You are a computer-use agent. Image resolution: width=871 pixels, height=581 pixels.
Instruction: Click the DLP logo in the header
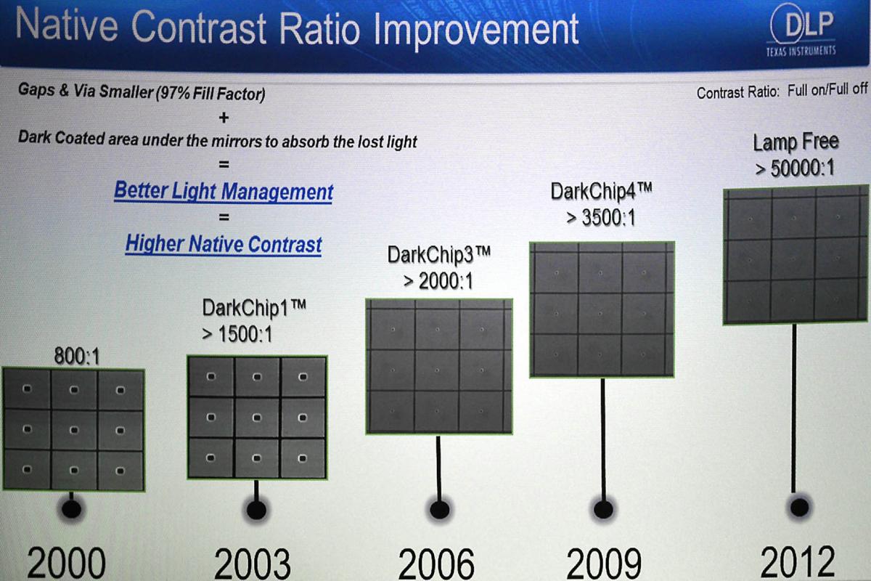pos(801,30)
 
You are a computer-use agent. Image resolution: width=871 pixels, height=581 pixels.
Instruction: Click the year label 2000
pos(66,562)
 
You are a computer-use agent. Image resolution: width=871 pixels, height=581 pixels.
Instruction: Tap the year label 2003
pos(252,564)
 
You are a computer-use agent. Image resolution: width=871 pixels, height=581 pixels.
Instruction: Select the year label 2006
pos(436,564)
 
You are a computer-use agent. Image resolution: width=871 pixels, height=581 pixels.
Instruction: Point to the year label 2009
pos(604,563)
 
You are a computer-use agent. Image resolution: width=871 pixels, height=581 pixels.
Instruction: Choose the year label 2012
pos(798,561)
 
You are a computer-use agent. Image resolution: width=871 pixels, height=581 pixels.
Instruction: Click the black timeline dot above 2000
pos(71,508)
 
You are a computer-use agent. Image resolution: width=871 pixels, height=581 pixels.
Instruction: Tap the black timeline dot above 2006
pos(440,509)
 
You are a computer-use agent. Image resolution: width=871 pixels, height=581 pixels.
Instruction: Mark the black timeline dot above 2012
pos(799,507)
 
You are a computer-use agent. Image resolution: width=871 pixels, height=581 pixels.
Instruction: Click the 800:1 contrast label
pos(77,356)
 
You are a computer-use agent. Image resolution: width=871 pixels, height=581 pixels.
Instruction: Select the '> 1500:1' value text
pos(237,334)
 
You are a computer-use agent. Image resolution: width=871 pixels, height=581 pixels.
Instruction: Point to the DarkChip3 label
pos(439,255)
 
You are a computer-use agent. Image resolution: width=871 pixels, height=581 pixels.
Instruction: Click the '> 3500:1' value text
pos(601,217)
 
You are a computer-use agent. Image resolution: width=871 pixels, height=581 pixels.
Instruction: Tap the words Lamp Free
pos(796,142)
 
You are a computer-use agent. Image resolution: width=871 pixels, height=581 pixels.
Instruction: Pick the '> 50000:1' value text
pos(796,168)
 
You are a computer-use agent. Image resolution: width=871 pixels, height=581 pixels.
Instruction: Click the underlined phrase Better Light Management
pos(224,191)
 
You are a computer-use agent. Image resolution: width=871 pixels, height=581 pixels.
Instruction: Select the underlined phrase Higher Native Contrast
pos(224,244)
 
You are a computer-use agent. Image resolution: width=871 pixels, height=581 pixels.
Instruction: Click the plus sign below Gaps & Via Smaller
pos(224,118)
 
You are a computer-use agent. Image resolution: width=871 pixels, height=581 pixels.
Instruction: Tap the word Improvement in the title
pos(476,30)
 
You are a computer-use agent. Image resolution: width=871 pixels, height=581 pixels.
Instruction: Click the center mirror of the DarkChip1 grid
pos(257,417)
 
